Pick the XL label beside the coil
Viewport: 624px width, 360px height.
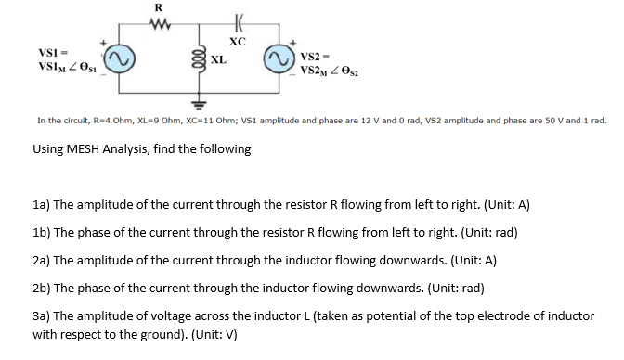pyautogui.click(x=218, y=60)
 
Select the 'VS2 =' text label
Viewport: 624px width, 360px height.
pyautogui.click(x=318, y=58)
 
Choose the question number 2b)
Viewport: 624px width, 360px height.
pyautogui.click(x=44, y=287)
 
